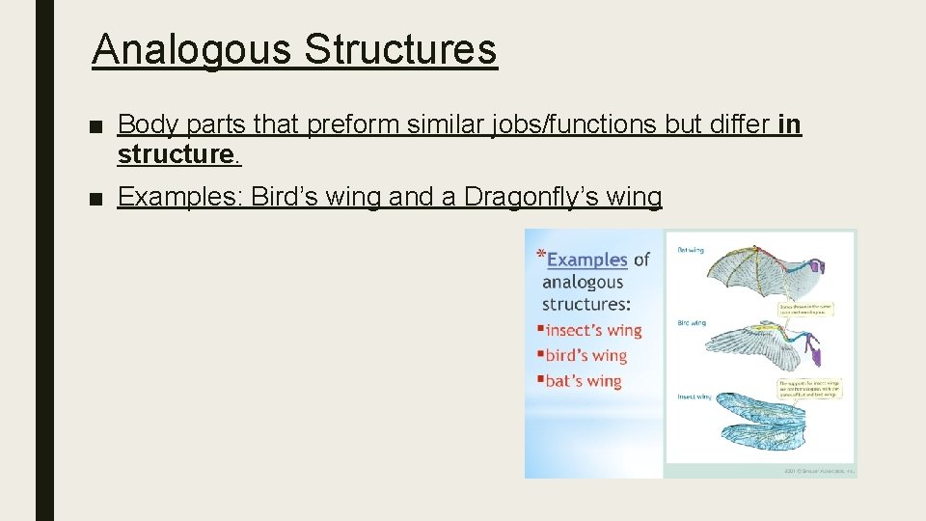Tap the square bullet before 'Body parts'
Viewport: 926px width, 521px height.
(95, 125)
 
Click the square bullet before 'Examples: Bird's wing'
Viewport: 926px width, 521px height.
(95, 199)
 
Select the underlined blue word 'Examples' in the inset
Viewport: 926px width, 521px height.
(586, 260)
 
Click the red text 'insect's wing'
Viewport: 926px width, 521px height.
(592, 330)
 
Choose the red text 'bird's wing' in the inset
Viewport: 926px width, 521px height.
(586, 355)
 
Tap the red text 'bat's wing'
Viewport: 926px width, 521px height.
(583, 381)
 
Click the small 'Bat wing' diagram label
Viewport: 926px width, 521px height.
(690, 250)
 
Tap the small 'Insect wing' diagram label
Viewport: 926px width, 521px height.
(694, 397)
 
